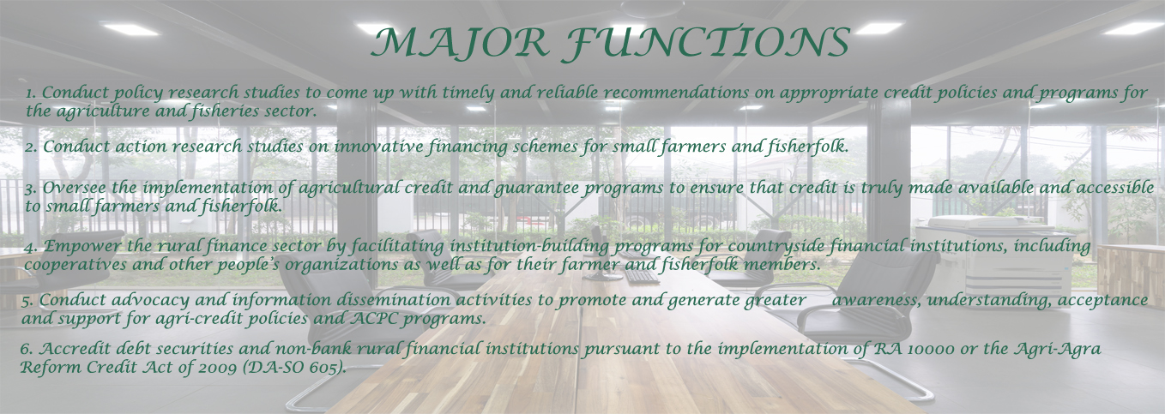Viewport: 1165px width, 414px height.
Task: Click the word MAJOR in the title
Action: coord(461,43)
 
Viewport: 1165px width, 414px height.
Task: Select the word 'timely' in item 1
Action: coord(468,93)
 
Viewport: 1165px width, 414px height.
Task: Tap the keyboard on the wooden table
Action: coord(643,276)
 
